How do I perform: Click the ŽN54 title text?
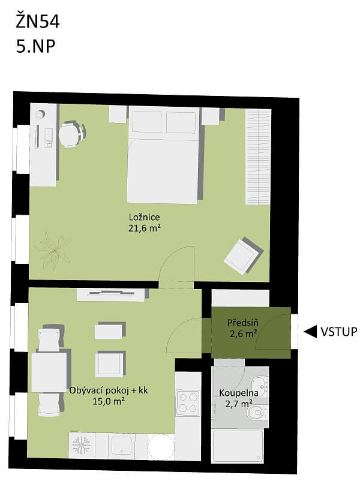(x=38, y=23)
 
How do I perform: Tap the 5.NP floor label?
(x=36, y=46)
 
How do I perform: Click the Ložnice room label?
(x=144, y=217)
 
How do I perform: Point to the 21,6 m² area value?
(x=144, y=228)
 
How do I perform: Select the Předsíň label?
(x=242, y=323)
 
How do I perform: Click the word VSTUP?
(x=340, y=332)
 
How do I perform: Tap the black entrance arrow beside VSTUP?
(x=311, y=332)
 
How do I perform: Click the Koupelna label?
(x=238, y=393)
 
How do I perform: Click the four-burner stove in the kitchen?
(x=188, y=402)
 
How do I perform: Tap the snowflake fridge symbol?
(x=81, y=445)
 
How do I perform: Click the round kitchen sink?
(x=160, y=446)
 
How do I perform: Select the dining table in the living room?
(x=49, y=372)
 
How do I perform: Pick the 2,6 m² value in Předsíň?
(x=242, y=333)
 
